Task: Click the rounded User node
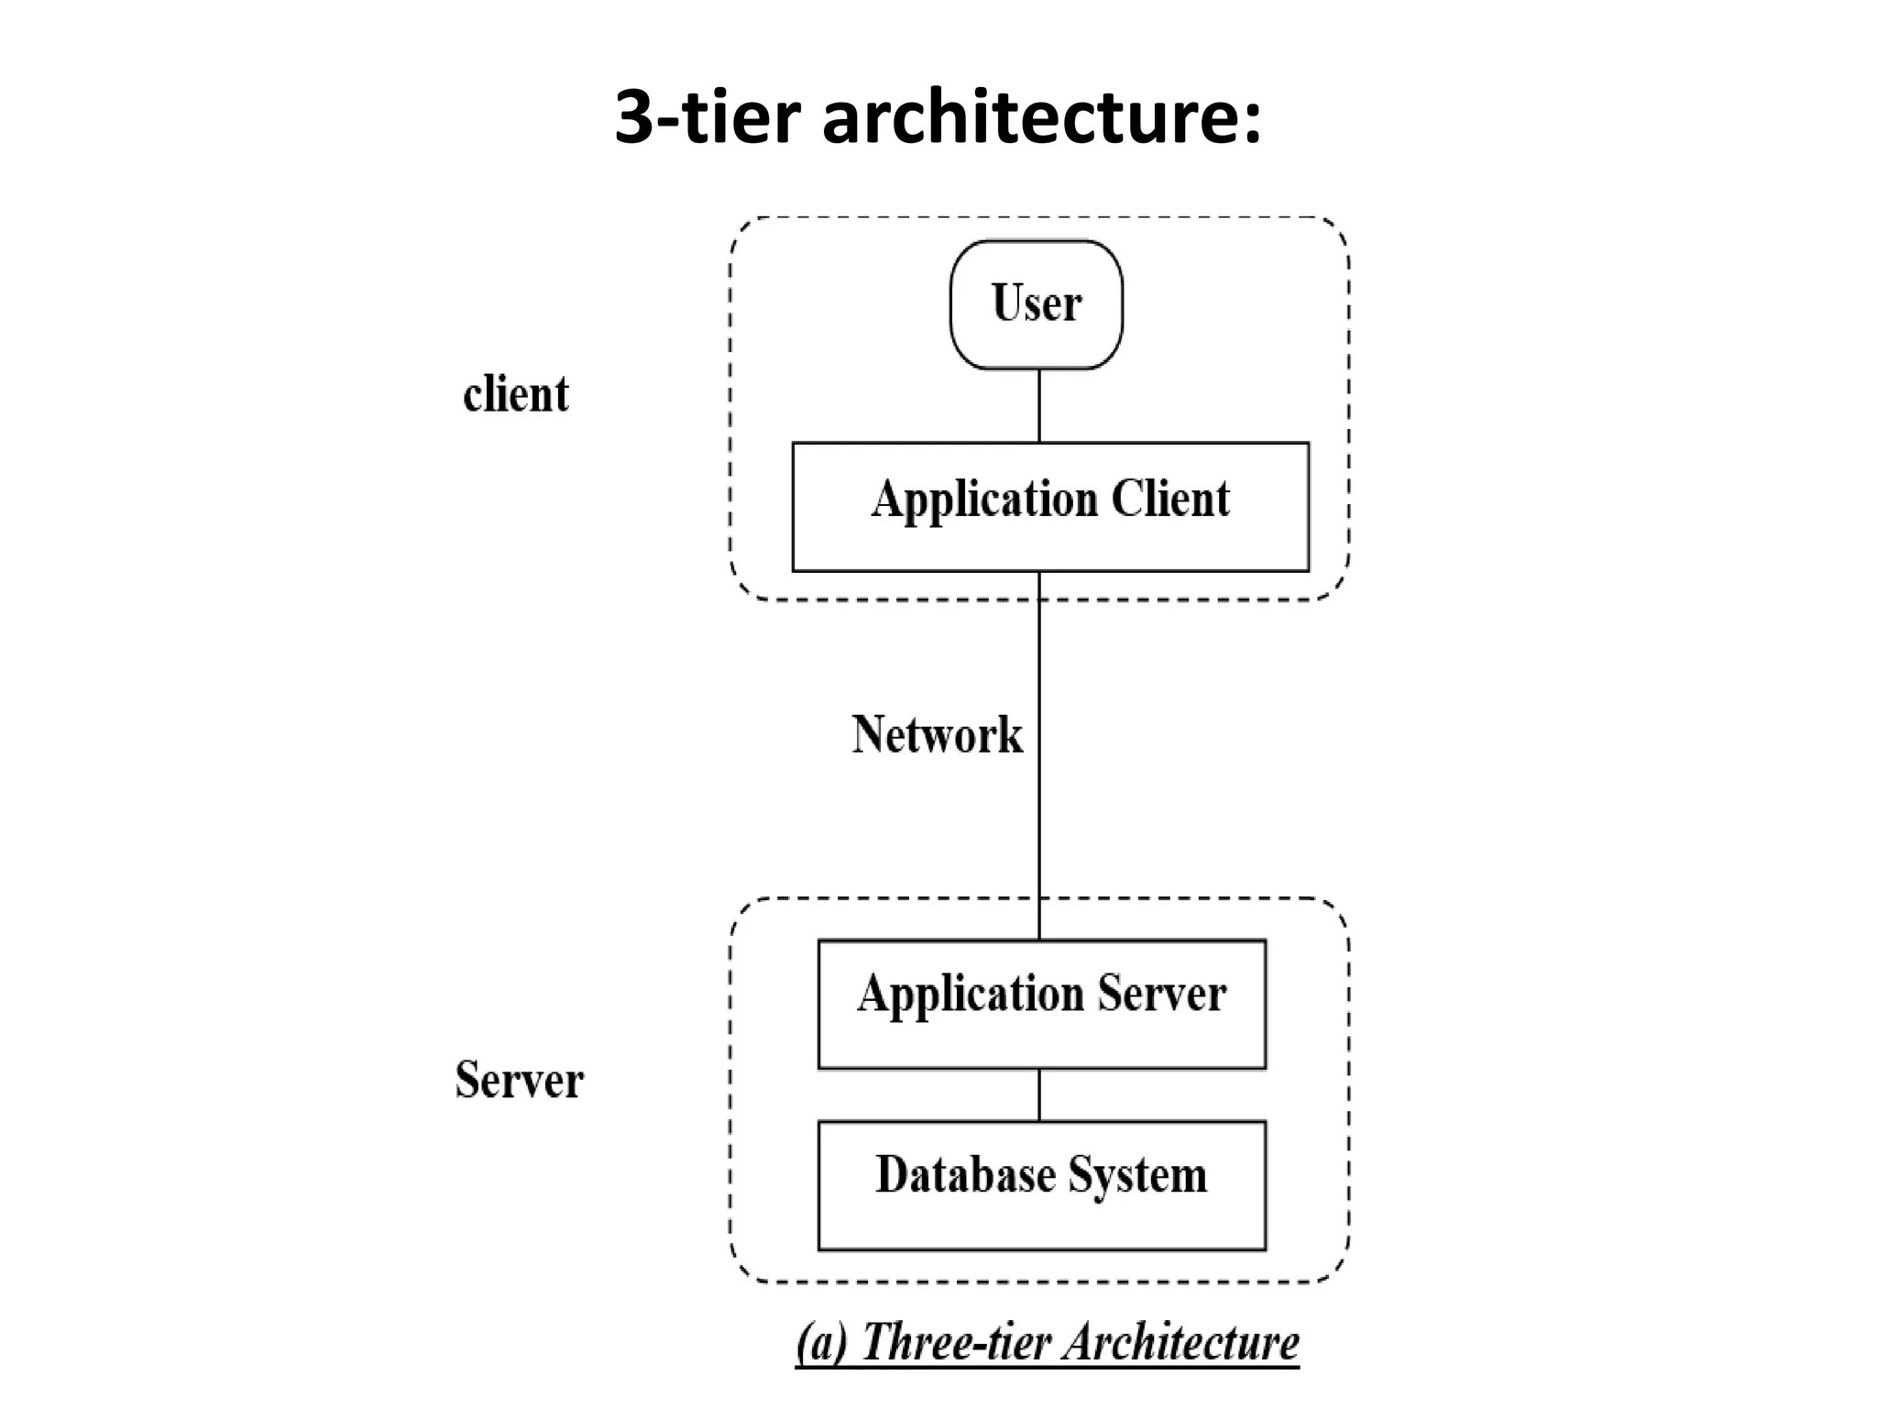[1036, 304]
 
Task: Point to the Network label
[937, 734]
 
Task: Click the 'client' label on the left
[516, 394]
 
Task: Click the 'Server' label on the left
[519, 1079]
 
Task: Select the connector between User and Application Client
[1039, 405]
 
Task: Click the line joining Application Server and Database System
[1039, 1094]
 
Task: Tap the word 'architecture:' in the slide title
[1041, 117]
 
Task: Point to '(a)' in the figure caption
[821, 1343]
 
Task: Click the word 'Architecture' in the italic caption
[1181, 1343]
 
